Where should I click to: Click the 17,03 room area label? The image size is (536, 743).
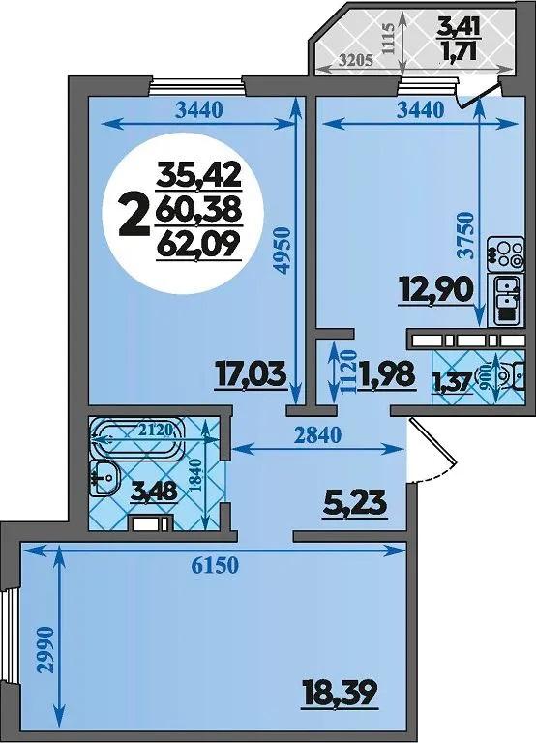(251, 375)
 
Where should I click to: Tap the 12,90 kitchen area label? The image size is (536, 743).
(436, 291)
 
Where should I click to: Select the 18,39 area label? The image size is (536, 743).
(340, 695)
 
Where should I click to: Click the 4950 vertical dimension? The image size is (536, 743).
(282, 251)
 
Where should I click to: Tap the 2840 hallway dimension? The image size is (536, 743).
(317, 434)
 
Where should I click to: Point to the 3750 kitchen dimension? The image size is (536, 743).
(466, 234)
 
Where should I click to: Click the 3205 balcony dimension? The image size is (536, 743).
(357, 60)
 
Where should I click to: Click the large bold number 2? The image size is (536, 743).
(135, 217)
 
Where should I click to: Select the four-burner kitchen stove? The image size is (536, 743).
(507, 254)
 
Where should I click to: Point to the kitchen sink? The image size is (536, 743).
(507, 301)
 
